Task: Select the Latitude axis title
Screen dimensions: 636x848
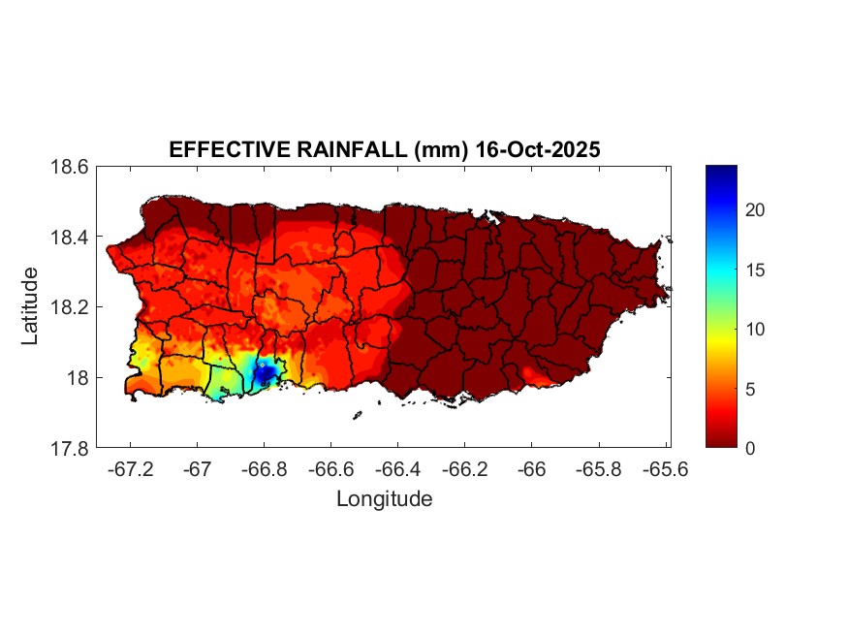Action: (31, 306)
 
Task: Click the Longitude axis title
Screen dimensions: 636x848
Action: (384, 499)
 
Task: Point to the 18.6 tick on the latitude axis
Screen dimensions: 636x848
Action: (70, 167)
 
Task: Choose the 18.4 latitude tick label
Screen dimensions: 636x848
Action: (70, 238)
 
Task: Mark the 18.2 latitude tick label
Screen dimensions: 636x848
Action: (70, 307)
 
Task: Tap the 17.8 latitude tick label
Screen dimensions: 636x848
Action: (70, 448)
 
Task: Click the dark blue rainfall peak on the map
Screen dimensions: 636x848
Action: (265, 370)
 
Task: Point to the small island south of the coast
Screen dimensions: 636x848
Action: (357, 415)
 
